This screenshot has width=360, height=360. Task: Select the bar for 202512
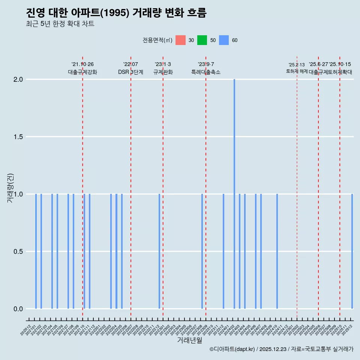pos(352,251)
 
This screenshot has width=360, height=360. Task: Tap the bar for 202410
pos(277,251)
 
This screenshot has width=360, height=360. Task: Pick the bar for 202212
pos(159,251)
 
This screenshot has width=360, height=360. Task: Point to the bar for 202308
pos(202,251)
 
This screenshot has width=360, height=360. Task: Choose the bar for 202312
pos(223,251)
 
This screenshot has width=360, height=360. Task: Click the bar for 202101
pos(36,251)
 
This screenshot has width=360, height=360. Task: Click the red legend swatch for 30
pos(181,40)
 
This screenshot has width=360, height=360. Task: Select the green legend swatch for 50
pos(202,40)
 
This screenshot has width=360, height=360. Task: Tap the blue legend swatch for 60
pos(224,40)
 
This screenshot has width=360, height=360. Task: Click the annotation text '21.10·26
pos(82,64)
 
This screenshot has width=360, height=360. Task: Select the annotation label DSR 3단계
pos(130,72)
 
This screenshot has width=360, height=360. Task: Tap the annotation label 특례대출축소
pos(206,72)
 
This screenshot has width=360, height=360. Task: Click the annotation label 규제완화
pos(163,72)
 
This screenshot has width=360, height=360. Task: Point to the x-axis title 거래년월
pos(190,340)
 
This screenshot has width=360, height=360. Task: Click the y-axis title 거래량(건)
pos(10,187)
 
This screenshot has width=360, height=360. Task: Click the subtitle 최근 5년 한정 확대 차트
pos(60,24)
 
